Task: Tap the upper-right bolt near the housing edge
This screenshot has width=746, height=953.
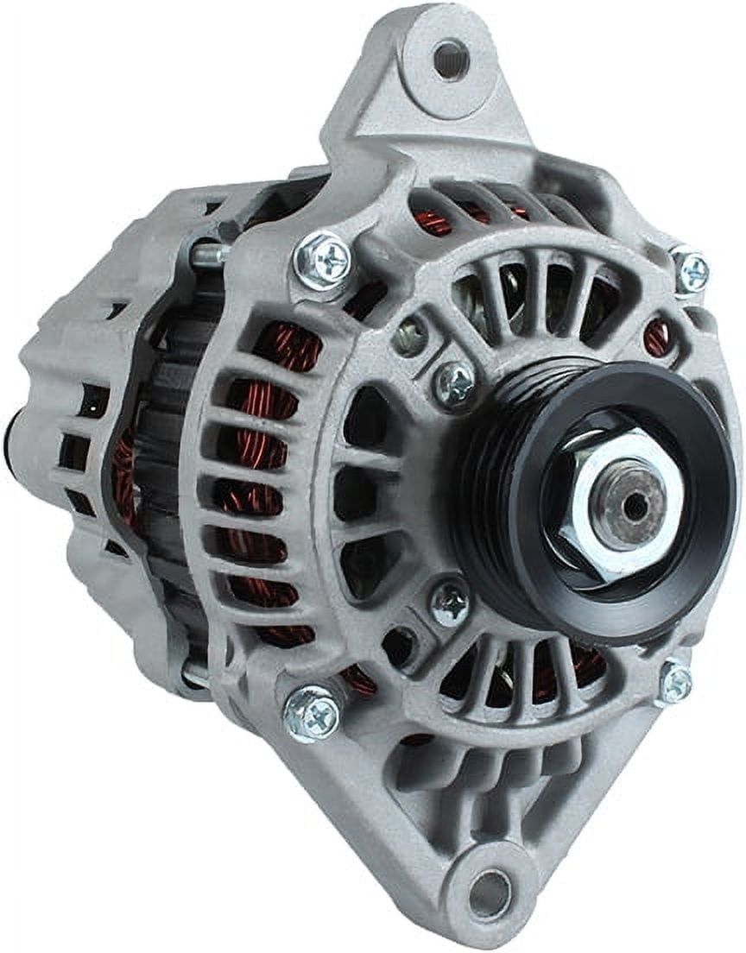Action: pyautogui.click(x=691, y=269)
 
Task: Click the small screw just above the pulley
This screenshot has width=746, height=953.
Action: pyautogui.click(x=454, y=383)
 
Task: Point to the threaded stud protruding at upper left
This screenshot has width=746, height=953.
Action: pyautogui.click(x=207, y=255)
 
